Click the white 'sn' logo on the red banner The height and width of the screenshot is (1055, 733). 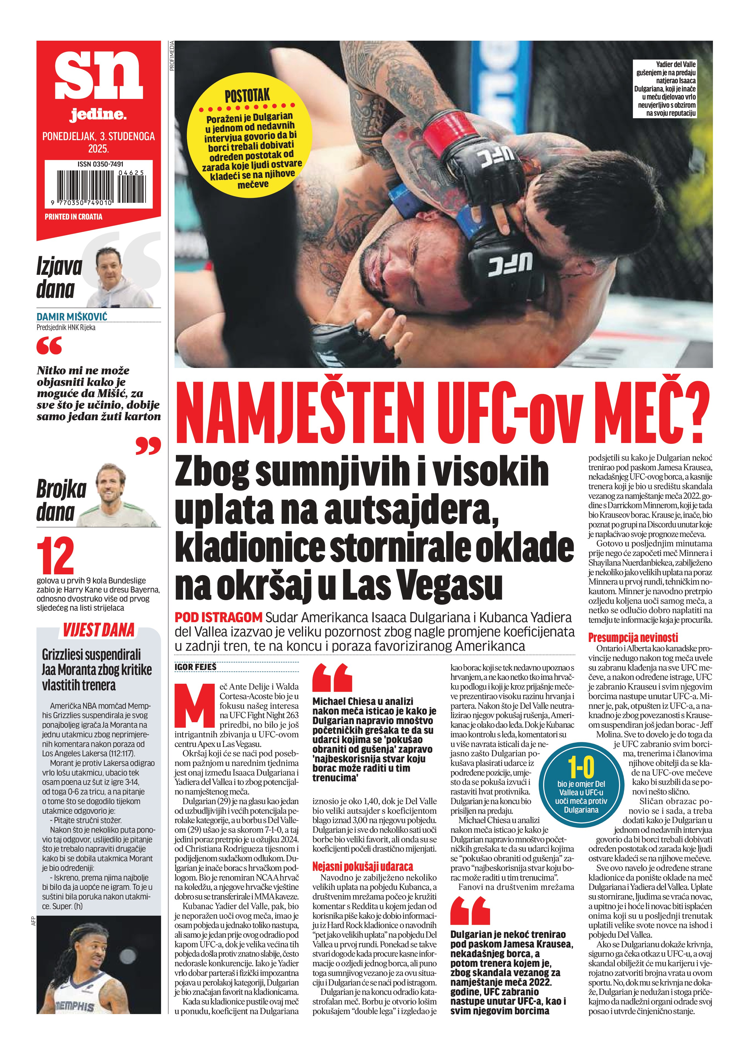[98, 74]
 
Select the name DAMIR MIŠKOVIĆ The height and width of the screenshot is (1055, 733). [72, 317]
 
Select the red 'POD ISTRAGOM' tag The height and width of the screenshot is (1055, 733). [218, 618]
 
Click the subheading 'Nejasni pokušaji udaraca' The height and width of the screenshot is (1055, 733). [362, 866]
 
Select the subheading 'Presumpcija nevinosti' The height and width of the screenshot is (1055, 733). [626, 637]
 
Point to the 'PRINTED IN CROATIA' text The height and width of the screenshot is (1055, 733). [73, 217]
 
